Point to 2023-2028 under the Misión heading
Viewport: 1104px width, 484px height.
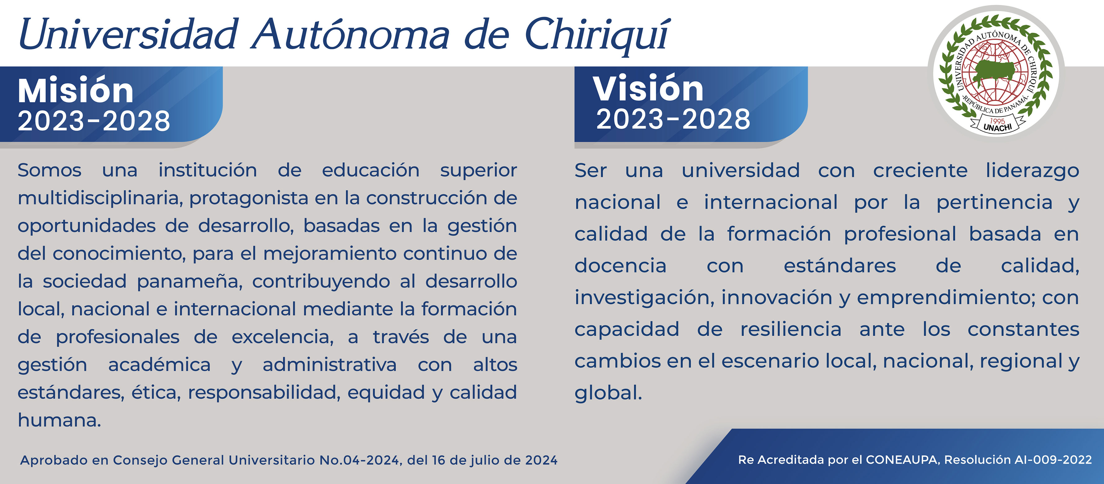pyautogui.click(x=94, y=121)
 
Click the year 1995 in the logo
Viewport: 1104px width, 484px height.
pyautogui.click(x=997, y=121)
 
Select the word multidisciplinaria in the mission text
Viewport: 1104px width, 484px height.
pyautogui.click(x=100, y=198)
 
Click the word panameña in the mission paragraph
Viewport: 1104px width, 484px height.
pyautogui.click(x=189, y=281)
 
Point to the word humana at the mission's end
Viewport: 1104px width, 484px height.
pyautogui.click(x=59, y=420)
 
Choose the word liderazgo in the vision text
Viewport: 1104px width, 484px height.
pyautogui.click(x=1032, y=171)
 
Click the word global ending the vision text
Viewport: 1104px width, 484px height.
pyautogui.click(x=608, y=393)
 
